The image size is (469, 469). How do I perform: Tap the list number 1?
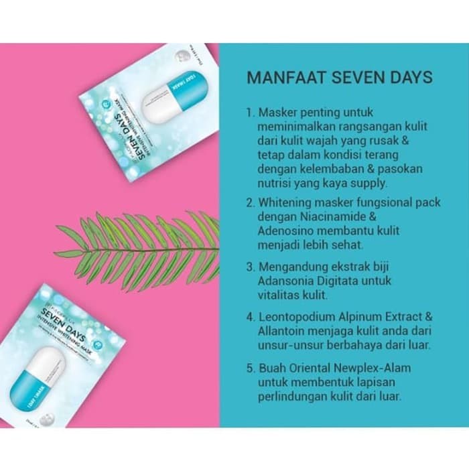(x=249, y=113)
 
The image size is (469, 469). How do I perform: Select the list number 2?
(x=249, y=202)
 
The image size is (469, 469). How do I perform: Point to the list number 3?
(x=249, y=267)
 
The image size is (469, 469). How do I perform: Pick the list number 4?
(x=249, y=317)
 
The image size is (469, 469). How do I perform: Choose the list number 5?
(x=249, y=367)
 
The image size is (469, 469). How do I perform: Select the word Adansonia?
(x=286, y=281)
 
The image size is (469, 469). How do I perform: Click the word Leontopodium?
(x=295, y=317)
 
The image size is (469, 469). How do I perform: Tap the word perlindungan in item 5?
(x=291, y=397)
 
